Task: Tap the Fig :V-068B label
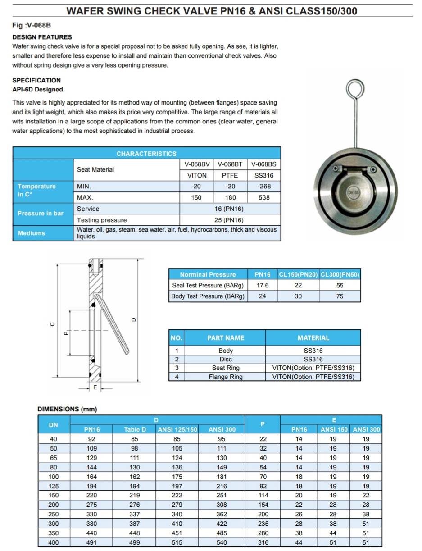point(32,25)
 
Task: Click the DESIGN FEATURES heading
point(42,37)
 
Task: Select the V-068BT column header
point(230,164)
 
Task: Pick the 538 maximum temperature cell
point(264,197)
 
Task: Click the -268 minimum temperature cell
point(264,186)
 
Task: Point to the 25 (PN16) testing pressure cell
point(230,220)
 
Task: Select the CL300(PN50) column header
point(340,274)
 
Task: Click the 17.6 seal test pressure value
point(262,285)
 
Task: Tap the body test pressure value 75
point(340,296)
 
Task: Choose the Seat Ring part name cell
point(226,368)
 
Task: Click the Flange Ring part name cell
point(226,377)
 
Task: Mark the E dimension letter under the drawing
point(95,387)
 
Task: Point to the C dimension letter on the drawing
point(52,323)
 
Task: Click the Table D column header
point(135,429)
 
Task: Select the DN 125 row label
point(53,486)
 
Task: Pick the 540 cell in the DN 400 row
point(222,543)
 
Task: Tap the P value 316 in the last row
point(263,543)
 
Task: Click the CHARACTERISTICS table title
point(146,154)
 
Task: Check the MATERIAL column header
point(313,338)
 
